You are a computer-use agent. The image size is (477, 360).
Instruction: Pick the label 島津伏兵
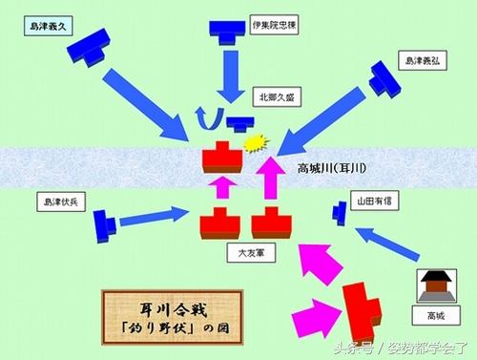[59, 202]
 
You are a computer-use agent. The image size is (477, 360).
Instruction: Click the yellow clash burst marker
[254, 143]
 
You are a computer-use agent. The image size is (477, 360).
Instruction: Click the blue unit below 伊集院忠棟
[228, 31]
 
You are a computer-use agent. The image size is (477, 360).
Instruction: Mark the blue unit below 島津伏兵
[105, 225]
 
